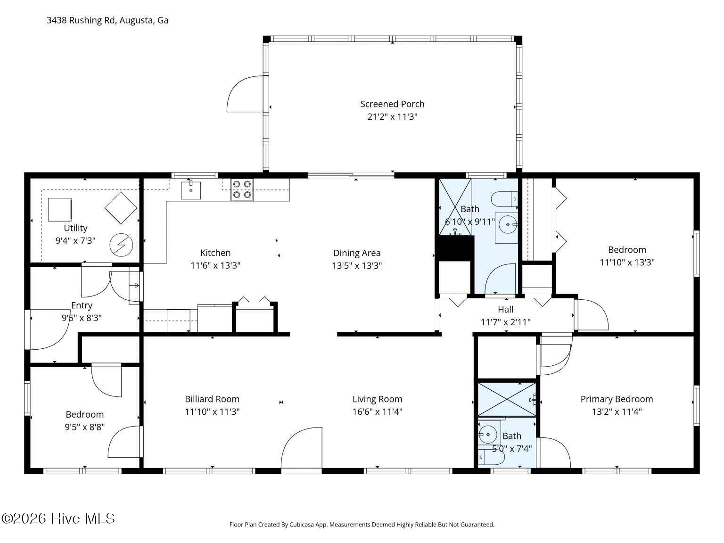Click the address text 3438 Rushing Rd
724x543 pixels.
pos(81,20)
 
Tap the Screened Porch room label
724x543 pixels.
pos(392,104)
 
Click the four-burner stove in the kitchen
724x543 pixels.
pos(242,190)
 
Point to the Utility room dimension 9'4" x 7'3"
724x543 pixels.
pos(75,241)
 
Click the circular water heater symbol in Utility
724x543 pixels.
pos(122,245)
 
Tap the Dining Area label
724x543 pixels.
pos(357,253)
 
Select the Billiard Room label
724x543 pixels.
pos(212,399)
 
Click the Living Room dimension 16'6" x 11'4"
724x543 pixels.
pos(378,412)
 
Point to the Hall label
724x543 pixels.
pos(506,309)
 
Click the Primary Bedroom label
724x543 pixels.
pos(617,399)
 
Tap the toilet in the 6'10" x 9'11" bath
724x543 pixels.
pos(504,199)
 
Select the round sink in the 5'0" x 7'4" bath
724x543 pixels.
pos(487,435)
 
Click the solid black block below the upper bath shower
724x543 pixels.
pos(455,248)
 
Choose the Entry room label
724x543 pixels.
pos(82,305)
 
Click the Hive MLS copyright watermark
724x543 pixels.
pos(58,518)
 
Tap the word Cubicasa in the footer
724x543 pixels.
pos(302,525)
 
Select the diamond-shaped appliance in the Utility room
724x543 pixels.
pos(121,208)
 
